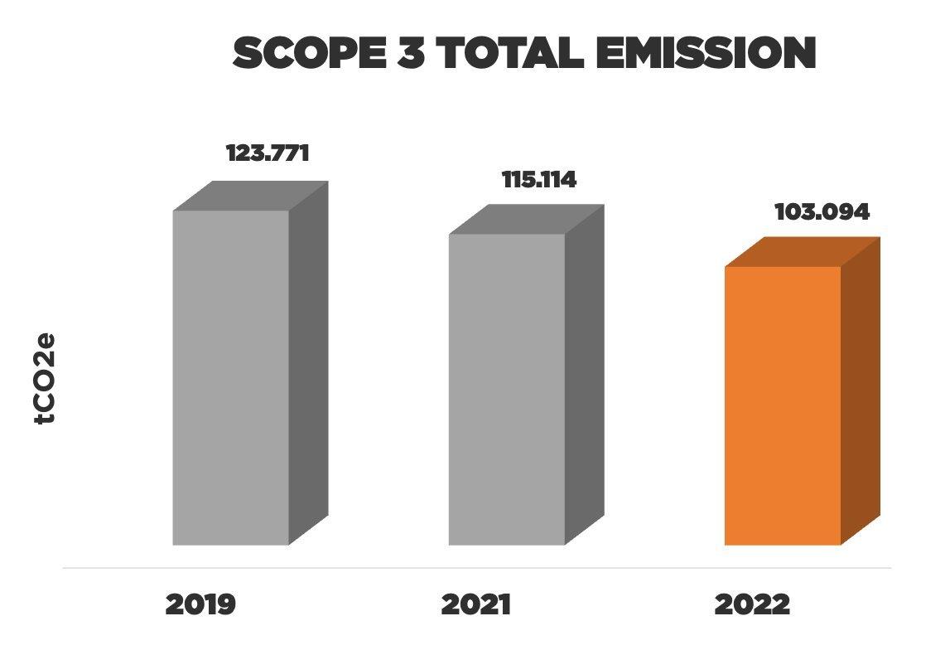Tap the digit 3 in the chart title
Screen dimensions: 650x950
click(x=403, y=54)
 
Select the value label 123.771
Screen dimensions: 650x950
click(x=268, y=154)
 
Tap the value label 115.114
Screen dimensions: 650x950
click(x=538, y=180)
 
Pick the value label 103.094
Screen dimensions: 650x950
click(x=822, y=212)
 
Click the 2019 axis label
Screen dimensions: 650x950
click(x=200, y=604)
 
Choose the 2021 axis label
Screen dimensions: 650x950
click(x=476, y=604)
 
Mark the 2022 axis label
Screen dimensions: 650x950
click(x=752, y=604)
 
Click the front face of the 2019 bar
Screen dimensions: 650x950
click(x=230, y=377)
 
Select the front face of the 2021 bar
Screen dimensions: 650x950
click(x=506, y=390)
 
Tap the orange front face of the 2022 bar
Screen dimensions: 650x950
click(x=783, y=406)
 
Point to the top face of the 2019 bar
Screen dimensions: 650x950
click(x=250, y=196)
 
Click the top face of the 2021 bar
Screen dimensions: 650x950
click(x=526, y=220)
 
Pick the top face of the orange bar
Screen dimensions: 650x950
click(x=803, y=252)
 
